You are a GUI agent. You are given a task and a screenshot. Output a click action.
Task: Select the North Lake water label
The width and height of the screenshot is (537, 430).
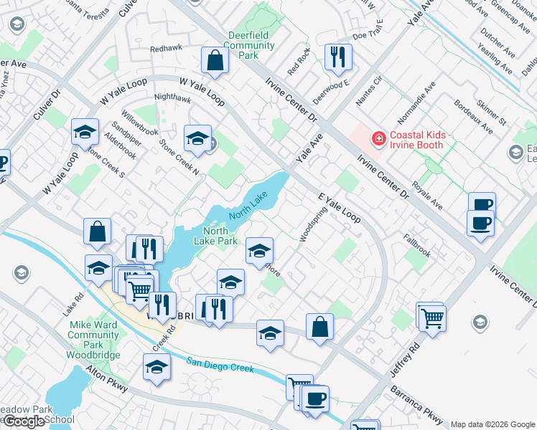coord(248,205)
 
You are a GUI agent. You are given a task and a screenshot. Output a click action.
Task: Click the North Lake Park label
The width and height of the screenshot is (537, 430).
coord(220,236)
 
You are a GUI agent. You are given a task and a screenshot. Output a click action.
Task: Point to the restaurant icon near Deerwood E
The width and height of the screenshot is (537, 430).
coord(338,57)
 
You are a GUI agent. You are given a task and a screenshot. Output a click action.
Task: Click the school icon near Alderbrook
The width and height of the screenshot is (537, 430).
coord(85,132)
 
